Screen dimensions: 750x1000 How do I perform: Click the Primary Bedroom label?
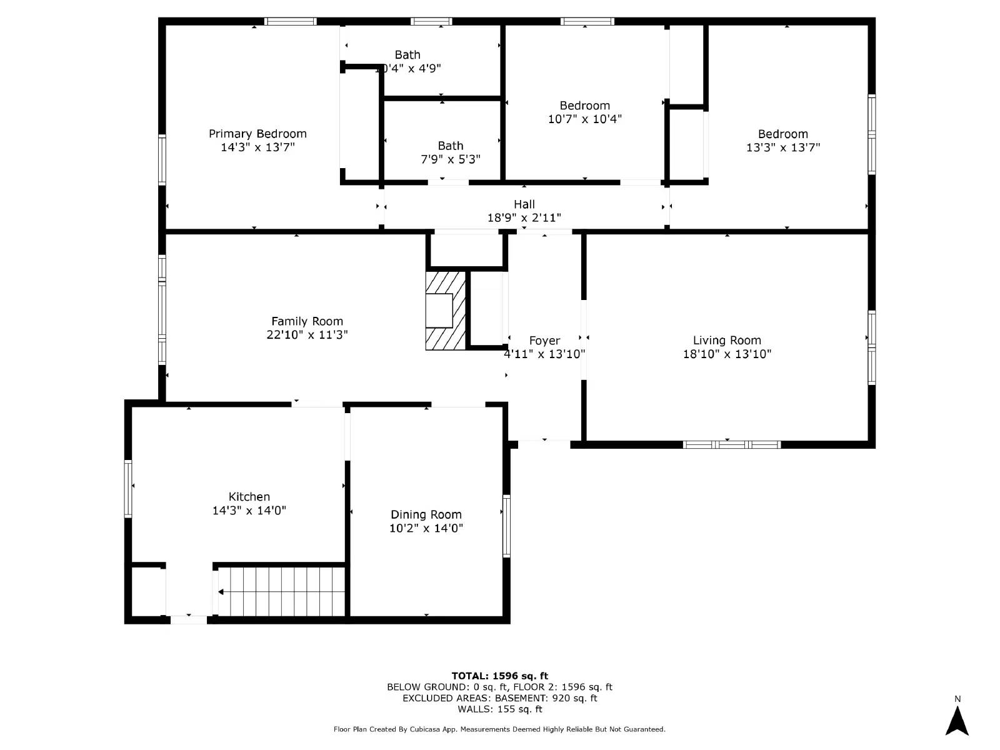point(257,134)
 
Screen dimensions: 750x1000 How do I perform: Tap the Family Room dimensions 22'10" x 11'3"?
point(307,335)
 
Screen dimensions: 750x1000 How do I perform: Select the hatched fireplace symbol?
point(446,310)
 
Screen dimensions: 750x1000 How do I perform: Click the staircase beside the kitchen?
point(281,591)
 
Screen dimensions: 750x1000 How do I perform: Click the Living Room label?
point(727,341)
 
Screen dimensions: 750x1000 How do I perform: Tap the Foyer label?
point(544,341)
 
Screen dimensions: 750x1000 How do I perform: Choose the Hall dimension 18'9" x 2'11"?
point(524,218)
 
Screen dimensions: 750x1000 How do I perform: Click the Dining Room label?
point(426,514)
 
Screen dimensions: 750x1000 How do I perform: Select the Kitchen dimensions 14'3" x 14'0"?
point(249,511)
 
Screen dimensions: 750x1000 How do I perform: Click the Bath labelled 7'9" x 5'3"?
point(450,146)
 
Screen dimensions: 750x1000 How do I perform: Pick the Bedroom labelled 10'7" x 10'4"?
point(584,106)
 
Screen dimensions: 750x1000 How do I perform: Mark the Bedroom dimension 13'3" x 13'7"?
point(782,147)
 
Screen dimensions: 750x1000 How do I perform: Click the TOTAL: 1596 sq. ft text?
point(499,676)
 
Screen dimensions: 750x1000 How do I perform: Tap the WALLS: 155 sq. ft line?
point(499,709)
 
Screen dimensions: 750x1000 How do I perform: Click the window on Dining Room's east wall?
point(507,526)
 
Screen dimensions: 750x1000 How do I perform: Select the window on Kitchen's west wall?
point(128,488)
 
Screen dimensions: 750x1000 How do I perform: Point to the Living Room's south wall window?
point(731,444)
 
